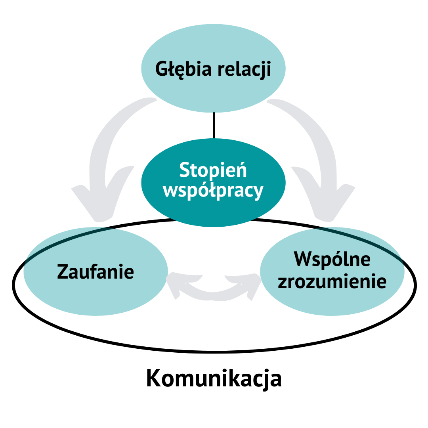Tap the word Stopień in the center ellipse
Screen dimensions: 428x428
click(213, 170)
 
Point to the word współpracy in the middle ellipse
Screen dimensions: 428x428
click(213, 191)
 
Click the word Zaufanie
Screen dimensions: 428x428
click(96, 272)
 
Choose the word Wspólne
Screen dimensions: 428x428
click(332, 260)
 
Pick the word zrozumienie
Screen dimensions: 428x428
click(332, 282)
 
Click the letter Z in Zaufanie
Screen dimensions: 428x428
click(63, 272)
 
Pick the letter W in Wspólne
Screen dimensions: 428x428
click(303, 260)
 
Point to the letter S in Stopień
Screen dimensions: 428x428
click(184, 170)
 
